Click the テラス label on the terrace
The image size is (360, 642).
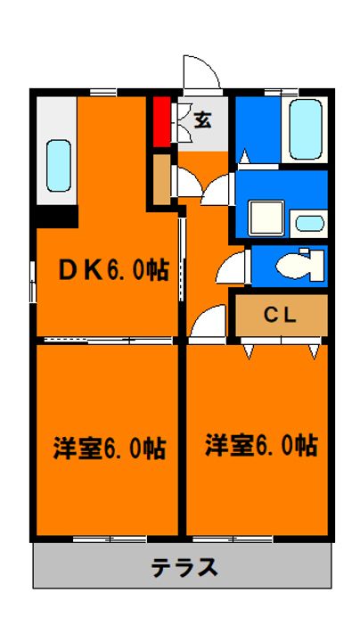184,567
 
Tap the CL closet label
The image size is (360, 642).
280,315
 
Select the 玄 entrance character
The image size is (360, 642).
203,119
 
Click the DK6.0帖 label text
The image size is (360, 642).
114,270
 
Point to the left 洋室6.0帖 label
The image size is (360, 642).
110,448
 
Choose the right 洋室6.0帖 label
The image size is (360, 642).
261,446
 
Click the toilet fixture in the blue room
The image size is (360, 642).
300,266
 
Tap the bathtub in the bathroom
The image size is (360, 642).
306,129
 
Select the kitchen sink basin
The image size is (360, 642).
59,166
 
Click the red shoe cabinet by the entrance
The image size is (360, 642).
162,121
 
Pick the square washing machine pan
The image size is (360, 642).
267,218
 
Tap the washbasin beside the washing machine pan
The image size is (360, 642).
310,223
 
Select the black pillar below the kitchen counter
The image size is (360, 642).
57,217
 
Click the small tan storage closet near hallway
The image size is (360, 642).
162,179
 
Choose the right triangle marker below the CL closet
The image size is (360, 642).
314,351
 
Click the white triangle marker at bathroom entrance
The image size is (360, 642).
244,156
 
